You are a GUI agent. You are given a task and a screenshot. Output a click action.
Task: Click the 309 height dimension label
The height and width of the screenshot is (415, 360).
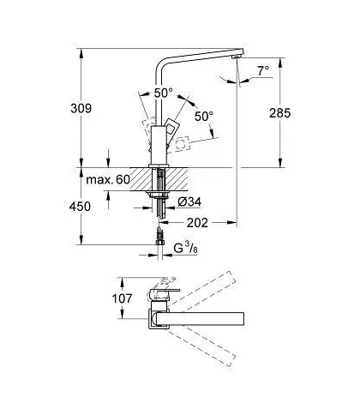pos(81,108)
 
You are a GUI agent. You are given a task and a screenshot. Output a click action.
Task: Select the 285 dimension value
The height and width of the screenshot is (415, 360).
pos(279,113)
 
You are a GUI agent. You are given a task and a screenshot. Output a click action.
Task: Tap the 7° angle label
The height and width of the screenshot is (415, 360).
pos(263,70)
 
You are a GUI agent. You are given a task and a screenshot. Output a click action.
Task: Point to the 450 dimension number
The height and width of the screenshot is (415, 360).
pos(80,207)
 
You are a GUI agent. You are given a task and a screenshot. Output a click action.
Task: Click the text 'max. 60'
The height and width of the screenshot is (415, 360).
pos(108,180)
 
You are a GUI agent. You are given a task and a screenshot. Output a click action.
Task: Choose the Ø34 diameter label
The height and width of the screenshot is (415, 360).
pos(189,202)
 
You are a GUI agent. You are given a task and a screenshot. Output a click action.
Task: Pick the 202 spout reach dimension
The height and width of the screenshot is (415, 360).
pos(197,223)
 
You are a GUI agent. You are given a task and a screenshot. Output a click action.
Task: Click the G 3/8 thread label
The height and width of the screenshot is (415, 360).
pos(185,248)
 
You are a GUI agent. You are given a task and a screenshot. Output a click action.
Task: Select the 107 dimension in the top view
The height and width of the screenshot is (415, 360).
pos(122,298)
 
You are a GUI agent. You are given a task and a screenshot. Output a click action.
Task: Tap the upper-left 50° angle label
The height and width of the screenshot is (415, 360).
pos(164,93)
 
